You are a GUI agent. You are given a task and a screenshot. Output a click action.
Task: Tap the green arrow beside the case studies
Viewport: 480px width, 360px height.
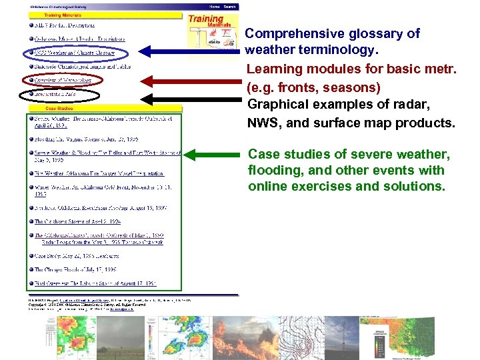point(213,155)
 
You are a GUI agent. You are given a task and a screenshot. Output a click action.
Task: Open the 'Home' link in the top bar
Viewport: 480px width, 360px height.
point(215,7)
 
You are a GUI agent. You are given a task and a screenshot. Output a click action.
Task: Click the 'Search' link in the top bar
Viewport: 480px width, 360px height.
point(229,7)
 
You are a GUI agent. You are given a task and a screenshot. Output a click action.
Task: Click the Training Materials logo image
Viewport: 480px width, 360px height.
point(213,34)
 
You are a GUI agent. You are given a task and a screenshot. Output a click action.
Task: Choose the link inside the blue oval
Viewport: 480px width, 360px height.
point(74,52)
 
